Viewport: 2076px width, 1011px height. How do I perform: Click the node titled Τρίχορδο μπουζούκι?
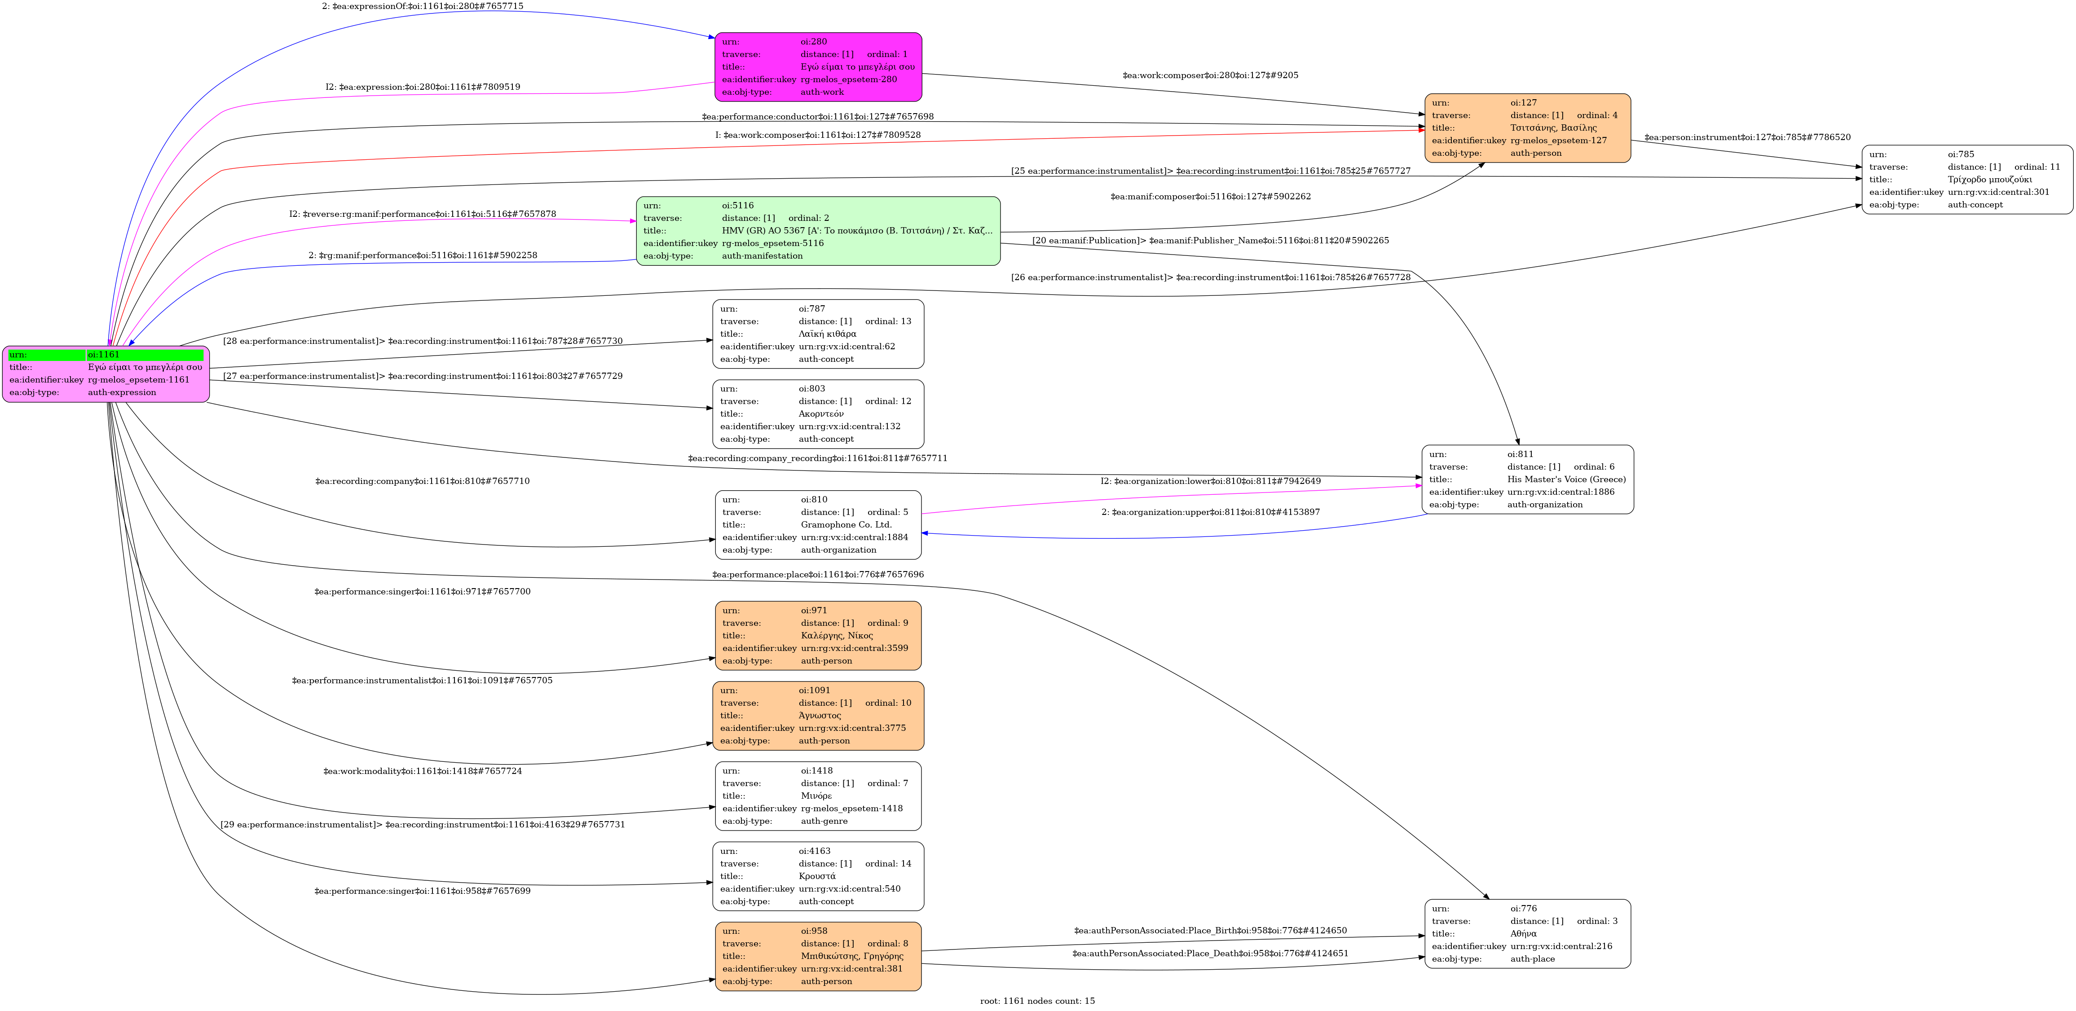pos(1966,180)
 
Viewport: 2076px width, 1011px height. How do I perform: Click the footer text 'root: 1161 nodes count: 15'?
pos(1037,1001)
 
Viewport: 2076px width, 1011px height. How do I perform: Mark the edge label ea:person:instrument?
pos(1747,137)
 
